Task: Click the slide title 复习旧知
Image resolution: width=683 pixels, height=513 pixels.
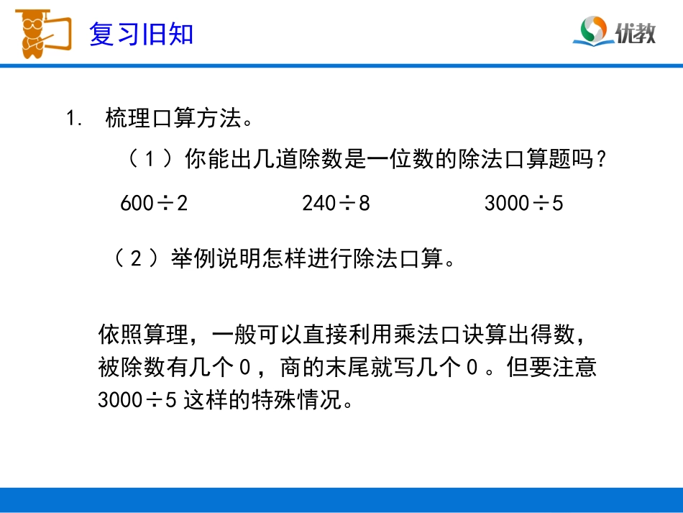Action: pos(141,33)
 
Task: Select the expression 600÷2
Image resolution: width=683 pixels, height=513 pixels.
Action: pos(154,204)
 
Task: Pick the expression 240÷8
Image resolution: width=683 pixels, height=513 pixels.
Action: pos(336,204)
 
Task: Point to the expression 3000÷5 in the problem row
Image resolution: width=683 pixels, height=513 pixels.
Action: pos(523,204)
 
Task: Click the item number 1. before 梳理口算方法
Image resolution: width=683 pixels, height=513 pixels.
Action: pos(75,118)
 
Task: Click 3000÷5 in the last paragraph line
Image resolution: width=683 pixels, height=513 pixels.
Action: pos(137,399)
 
